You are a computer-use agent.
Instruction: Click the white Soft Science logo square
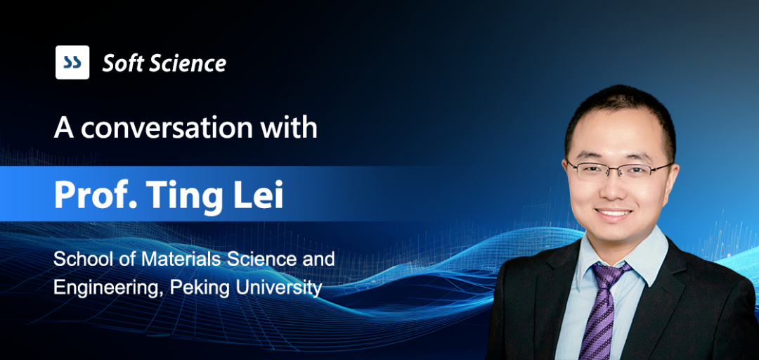(x=72, y=62)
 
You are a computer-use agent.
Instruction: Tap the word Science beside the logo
(x=188, y=63)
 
